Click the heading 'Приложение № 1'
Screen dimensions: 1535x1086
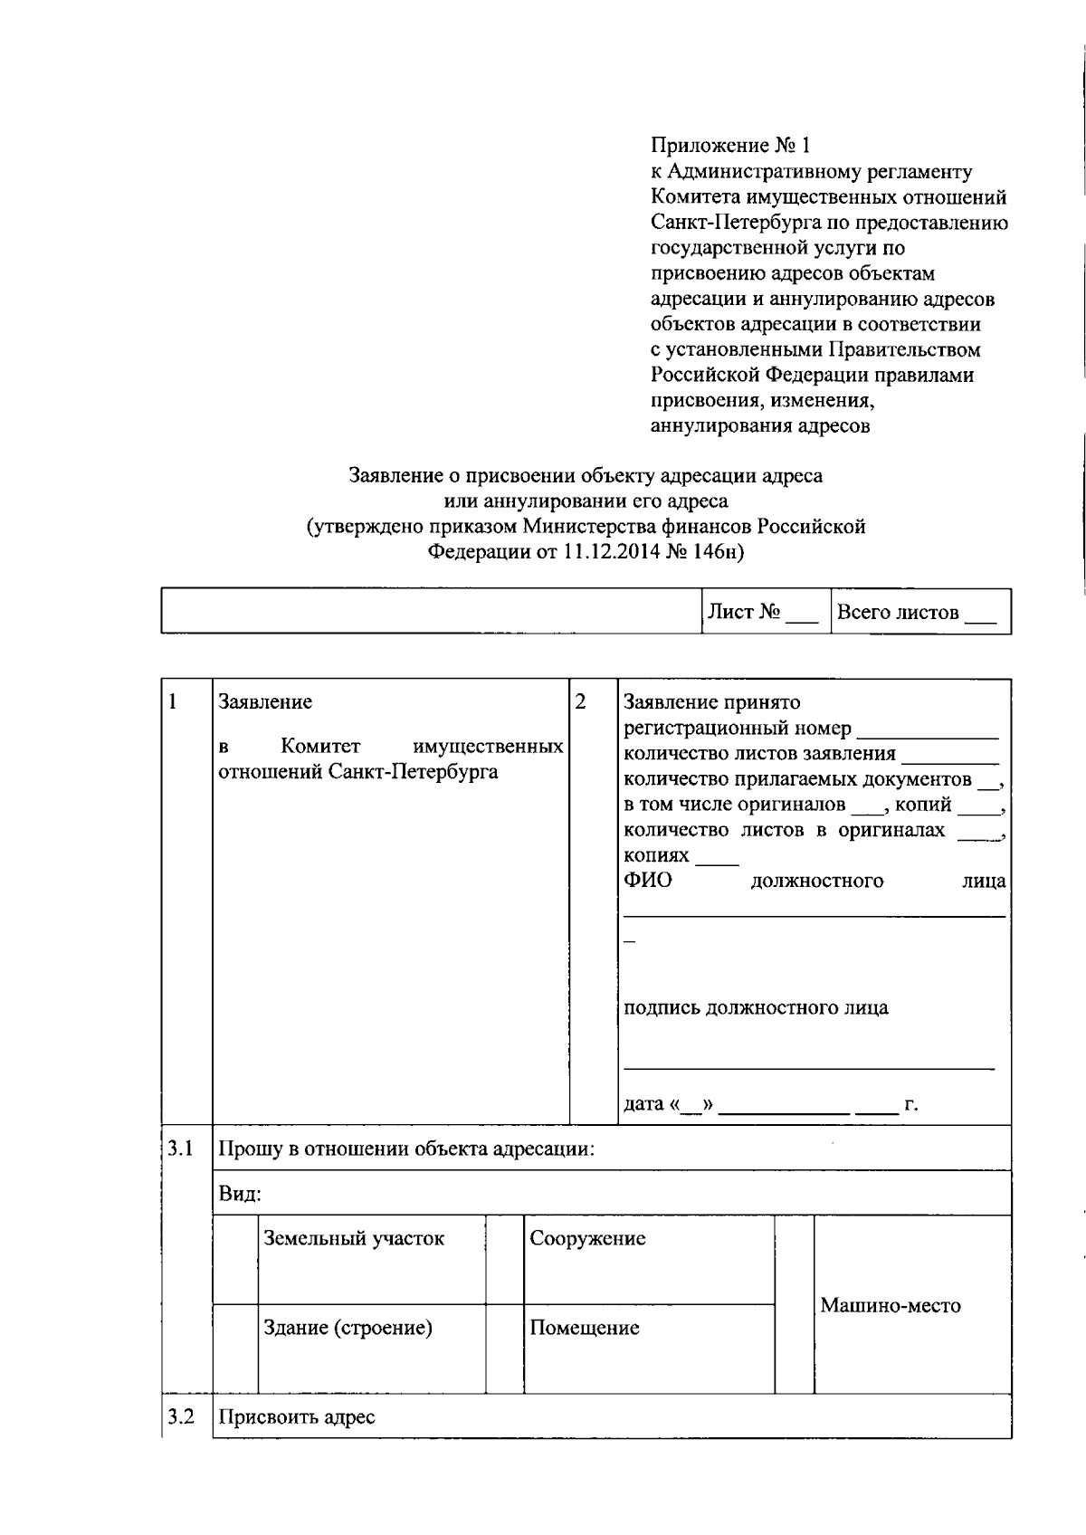pos(731,146)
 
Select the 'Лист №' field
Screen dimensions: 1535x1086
pos(765,613)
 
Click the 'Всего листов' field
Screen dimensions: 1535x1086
pos(918,613)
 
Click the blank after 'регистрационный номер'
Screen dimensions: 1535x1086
pos(927,729)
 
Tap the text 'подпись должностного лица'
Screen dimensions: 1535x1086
pos(756,1008)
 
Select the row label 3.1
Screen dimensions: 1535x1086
pos(181,1149)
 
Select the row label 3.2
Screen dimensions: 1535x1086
pos(181,1416)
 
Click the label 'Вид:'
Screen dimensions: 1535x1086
pos(240,1194)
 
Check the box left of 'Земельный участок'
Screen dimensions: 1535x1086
pos(234,1259)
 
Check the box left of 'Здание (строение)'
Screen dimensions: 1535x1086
pos(234,1349)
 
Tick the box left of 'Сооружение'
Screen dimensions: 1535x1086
pos(504,1259)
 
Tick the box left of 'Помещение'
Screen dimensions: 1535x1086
pos(504,1349)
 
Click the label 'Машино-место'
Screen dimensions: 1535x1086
pos(891,1305)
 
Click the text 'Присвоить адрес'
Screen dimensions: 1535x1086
pos(297,1417)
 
